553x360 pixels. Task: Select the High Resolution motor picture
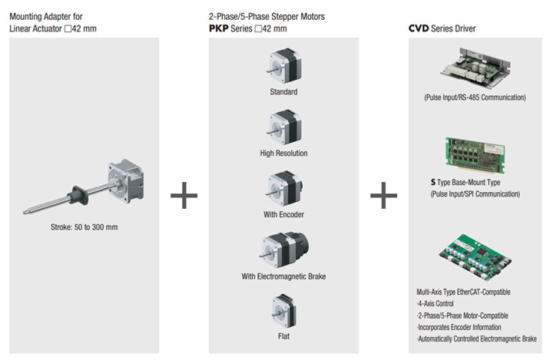tap(283, 127)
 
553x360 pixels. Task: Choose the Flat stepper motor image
tap(283, 313)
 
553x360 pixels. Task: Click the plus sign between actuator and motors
tap(184, 197)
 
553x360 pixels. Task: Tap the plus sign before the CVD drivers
tap(383, 197)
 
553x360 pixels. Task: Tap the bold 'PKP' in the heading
tap(218, 29)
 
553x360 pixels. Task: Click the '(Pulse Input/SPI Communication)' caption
tap(475, 195)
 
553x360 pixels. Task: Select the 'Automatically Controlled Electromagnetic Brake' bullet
tap(476, 339)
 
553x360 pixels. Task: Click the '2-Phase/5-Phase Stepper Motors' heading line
tap(267, 17)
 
